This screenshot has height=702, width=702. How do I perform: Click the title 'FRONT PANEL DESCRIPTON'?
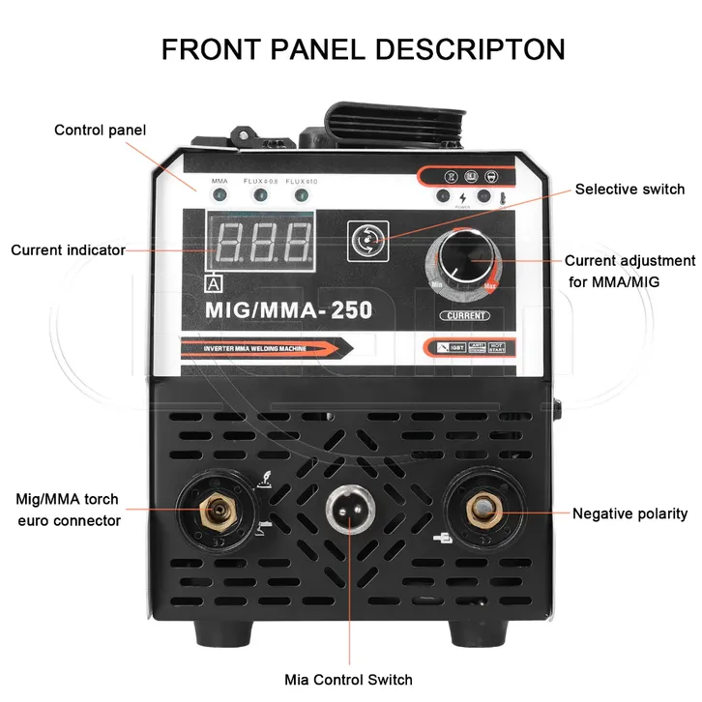(x=363, y=48)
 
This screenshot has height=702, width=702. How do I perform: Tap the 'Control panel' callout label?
(x=101, y=130)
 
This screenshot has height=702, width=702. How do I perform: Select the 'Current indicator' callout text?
(x=68, y=249)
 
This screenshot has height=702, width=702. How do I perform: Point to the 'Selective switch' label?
(x=629, y=189)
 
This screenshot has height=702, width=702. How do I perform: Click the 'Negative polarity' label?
(x=629, y=513)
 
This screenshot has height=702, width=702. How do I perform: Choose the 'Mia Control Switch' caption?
(x=348, y=679)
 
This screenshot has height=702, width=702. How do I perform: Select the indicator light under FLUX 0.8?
(x=260, y=196)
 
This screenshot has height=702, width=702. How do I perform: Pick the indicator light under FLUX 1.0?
(x=302, y=196)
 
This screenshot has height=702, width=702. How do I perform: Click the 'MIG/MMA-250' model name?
(x=282, y=309)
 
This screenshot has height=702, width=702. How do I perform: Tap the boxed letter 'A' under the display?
(x=213, y=283)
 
